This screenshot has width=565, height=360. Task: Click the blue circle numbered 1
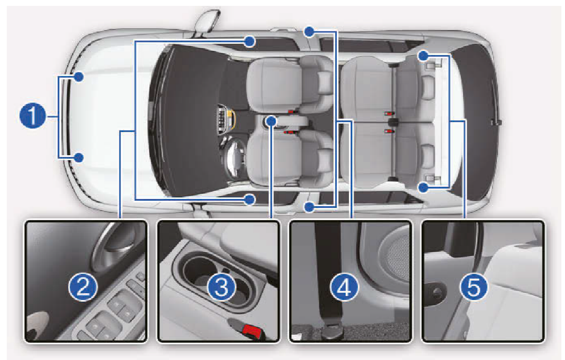pos(32,115)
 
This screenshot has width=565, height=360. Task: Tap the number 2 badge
pos(83,287)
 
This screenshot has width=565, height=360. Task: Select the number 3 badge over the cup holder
pos(221,287)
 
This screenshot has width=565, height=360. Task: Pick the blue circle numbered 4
pos(344,287)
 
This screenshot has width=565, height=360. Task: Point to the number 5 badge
pos(474,287)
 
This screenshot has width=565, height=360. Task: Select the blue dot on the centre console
pos(271,121)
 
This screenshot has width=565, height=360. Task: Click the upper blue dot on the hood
pos(79,76)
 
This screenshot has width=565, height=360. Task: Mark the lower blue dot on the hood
pos(79,157)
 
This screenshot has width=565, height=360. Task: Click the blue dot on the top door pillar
pos(309,32)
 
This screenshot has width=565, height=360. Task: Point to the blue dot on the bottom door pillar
pos(309,207)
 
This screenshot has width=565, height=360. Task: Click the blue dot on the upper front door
pos(250,42)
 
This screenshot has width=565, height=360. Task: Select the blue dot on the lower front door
pos(250,199)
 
